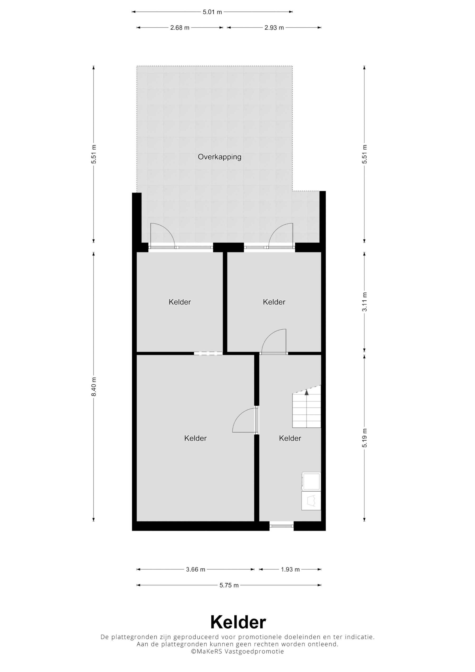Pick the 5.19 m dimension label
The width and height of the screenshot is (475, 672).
(364, 438)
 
